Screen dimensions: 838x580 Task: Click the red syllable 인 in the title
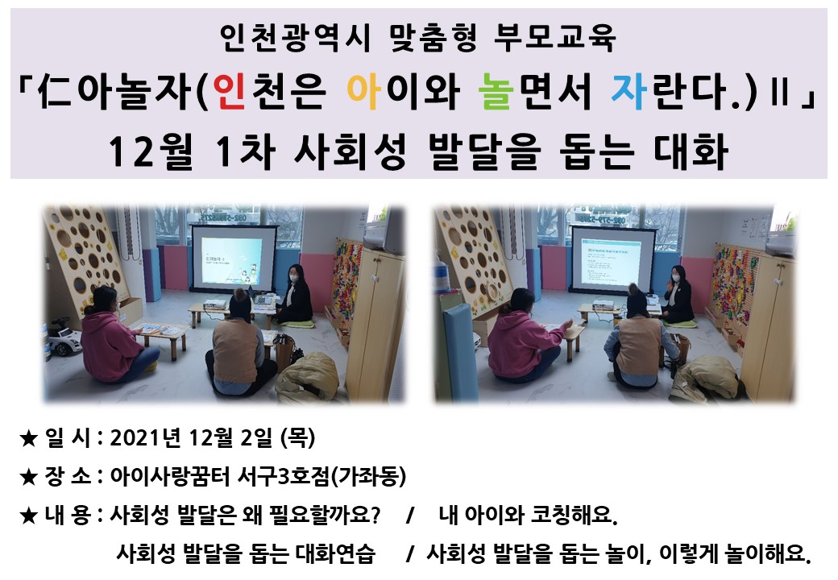229,91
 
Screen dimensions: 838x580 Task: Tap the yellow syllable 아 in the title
363,91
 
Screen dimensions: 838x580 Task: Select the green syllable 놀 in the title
496,91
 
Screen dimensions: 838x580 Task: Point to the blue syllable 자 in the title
628,91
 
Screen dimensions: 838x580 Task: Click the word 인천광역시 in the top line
294,38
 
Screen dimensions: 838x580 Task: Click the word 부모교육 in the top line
554,38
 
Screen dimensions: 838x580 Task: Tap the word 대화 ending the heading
691,151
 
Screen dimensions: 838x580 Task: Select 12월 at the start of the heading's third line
150,151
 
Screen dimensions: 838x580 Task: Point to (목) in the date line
297,438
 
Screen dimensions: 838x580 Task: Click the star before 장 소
27,477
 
